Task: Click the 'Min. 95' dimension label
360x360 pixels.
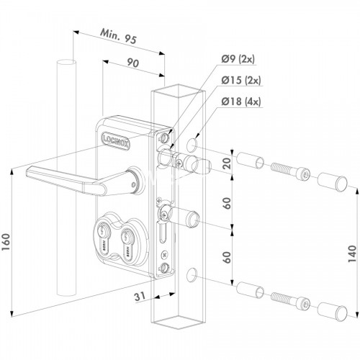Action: tap(118, 37)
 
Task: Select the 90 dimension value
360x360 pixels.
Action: tap(132, 63)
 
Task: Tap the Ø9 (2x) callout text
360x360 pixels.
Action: tap(238, 59)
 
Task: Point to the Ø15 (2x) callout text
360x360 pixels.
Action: tap(241, 80)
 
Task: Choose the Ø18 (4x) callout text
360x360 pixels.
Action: tap(241, 102)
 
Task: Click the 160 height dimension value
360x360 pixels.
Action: tap(6, 242)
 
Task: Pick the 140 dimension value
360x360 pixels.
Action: tap(352, 253)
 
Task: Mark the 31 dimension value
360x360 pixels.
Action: tap(140, 297)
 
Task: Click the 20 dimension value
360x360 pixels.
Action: tap(227, 163)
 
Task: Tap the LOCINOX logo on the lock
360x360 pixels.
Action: tap(116, 141)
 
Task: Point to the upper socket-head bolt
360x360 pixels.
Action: tap(291, 171)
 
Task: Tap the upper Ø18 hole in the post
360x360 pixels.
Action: tap(192, 145)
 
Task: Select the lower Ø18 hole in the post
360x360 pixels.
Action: tap(192, 275)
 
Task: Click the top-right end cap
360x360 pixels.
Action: tap(333, 183)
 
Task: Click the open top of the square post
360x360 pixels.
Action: tap(178, 91)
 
